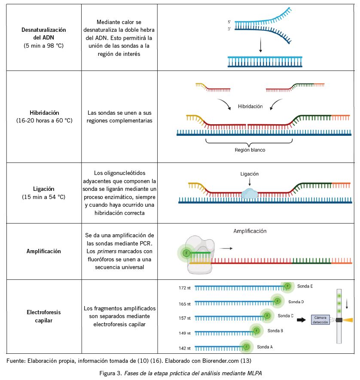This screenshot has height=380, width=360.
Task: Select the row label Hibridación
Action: (44, 113)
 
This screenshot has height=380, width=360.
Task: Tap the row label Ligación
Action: (44, 189)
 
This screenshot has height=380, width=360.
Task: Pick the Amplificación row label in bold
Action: (44, 251)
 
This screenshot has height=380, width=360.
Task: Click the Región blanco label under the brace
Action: (250, 150)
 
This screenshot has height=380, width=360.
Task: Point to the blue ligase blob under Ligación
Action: (250, 193)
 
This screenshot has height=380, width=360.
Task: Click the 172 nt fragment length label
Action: (185, 287)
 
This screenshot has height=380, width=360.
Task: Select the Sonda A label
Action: (264, 346)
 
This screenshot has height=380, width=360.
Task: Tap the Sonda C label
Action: (285, 316)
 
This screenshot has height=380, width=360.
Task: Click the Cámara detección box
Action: (320, 320)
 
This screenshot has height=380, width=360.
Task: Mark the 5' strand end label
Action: (230, 21)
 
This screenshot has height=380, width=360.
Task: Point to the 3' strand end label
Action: (230, 28)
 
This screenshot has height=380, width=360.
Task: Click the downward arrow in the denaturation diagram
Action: (260, 45)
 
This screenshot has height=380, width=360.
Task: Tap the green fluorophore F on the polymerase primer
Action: (186, 253)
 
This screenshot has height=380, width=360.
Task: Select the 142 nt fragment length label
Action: (185, 348)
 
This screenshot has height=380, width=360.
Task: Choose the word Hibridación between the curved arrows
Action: (250, 106)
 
